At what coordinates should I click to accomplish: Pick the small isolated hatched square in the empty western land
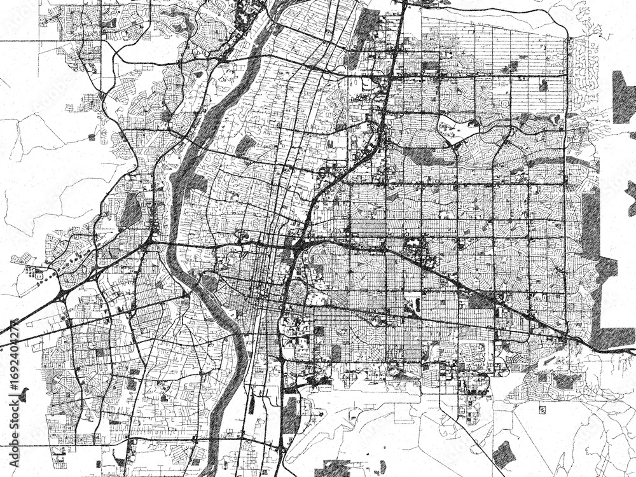point(92,137)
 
